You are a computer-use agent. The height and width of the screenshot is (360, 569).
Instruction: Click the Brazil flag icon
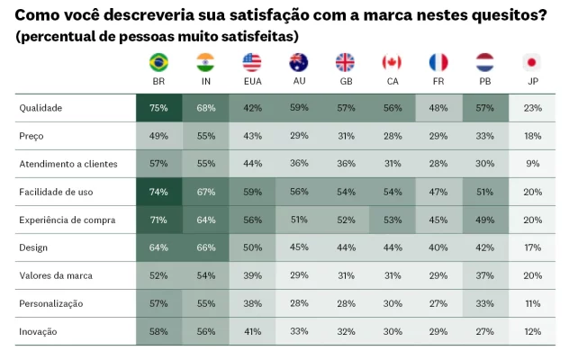(158, 62)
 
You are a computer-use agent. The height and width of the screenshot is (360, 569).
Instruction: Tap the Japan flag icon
(531, 62)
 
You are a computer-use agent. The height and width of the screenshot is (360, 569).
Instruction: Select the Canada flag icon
(392, 62)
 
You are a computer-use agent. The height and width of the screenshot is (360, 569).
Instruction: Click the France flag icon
(438, 62)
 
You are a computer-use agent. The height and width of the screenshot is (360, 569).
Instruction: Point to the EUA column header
(251, 81)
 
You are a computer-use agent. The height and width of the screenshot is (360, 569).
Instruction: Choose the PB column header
(485, 81)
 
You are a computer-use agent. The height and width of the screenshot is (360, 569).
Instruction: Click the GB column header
(345, 81)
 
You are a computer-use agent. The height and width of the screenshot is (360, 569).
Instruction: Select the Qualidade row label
(41, 108)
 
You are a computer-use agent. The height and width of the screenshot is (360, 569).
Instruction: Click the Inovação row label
(39, 331)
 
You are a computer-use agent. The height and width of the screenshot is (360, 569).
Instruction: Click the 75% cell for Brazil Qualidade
(158, 108)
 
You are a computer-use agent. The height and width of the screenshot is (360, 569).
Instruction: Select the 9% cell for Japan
(532, 164)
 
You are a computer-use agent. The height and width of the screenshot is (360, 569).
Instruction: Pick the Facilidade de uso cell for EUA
(252, 192)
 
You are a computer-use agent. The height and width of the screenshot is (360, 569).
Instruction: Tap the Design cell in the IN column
(205, 247)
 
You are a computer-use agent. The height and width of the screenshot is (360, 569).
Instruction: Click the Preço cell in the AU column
(299, 136)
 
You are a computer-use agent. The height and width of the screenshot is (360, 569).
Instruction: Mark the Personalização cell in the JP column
(532, 303)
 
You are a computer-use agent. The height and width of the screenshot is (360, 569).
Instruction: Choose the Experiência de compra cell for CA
(392, 220)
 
